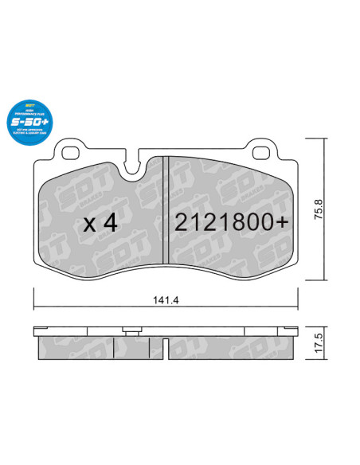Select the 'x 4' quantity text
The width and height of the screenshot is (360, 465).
point(100,224)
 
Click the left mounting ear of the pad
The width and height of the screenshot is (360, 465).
point(69,149)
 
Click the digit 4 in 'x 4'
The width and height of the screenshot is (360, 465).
point(111,224)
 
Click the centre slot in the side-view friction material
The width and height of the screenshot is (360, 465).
point(115,347)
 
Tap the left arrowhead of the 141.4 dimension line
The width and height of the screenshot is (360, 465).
point(37,310)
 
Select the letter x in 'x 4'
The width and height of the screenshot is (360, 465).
point(88,225)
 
